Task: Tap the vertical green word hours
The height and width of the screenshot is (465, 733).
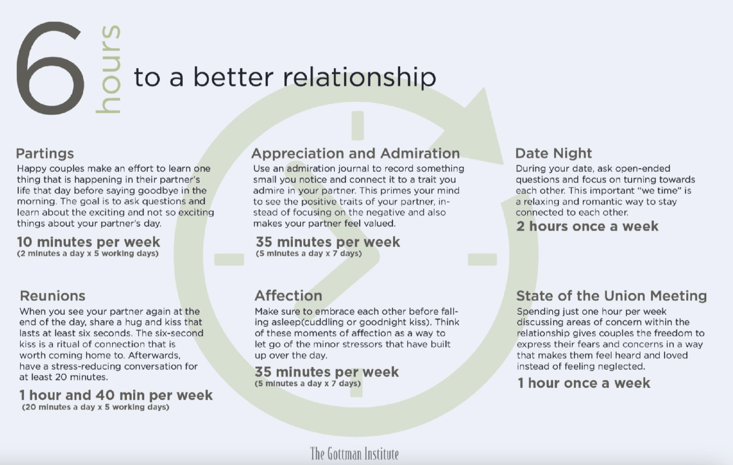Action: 108,69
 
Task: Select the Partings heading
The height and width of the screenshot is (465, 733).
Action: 45,153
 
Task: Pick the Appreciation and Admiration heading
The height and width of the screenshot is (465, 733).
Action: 355,153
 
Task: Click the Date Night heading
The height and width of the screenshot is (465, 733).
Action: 553,153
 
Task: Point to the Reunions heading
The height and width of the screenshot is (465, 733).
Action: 52,296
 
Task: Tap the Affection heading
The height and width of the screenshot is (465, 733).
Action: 288,296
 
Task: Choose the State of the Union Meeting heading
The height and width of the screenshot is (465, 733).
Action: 611,296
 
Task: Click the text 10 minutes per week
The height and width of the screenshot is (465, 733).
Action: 89,242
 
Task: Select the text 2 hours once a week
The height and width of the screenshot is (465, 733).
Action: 587,226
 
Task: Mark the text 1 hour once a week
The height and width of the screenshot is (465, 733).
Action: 583,383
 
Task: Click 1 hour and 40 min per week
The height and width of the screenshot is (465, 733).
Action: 116,395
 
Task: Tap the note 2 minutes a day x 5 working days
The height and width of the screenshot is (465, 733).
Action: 88,253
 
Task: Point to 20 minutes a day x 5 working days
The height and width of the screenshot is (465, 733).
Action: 95,407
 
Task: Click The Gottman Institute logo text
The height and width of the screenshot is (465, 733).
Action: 354,453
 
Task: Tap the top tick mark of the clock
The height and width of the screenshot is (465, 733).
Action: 358,125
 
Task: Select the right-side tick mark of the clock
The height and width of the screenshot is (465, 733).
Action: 482,259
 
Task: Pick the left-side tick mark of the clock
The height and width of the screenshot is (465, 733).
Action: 229,259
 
